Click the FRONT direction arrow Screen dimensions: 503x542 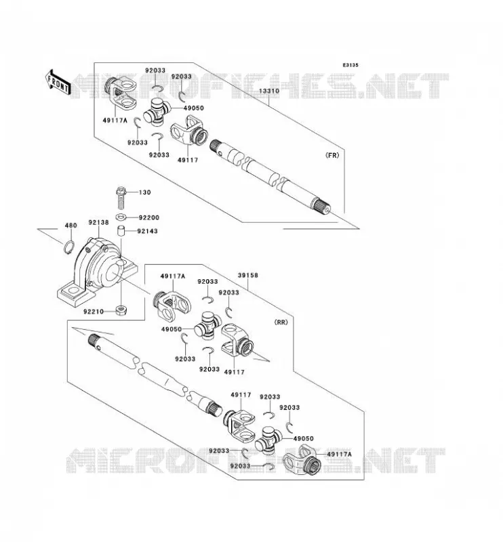pyautogui.click(x=58, y=83)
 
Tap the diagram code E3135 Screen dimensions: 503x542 pyautogui.click(x=350, y=65)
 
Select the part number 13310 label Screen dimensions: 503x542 pyautogui.click(x=269, y=91)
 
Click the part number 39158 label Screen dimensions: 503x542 pyautogui.click(x=247, y=276)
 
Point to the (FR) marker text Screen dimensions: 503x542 pyautogui.click(x=332, y=155)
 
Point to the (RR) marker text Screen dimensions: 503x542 pyautogui.click(x=281, y=322)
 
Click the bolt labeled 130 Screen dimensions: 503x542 pyautogui.click(x=121, y=198)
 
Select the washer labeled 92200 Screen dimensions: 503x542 pyautogui.click(x=121, y=217)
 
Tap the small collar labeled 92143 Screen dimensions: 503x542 pyautogui.click(x=121, y=231)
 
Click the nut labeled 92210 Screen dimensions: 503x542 pyautogui.click(x=121, y=310)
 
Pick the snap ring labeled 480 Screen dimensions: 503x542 pyautogui.click(x=69, y=247)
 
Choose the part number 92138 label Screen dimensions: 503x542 pyautogui.click(x=98, y=223)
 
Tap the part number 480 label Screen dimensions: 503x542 pyautogui.click(x=71, y=226)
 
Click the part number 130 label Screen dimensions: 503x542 pyautogui.click(x=145, y=192)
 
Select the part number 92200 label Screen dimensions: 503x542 pyautogui.click(x=149, y=217)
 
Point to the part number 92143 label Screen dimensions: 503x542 pyautogui.click(x=147, y=231)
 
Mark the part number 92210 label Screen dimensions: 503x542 pyautogui.click(x=94, y=312)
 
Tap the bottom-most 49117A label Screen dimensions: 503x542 pyautogui.click(x=340, y=454)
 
